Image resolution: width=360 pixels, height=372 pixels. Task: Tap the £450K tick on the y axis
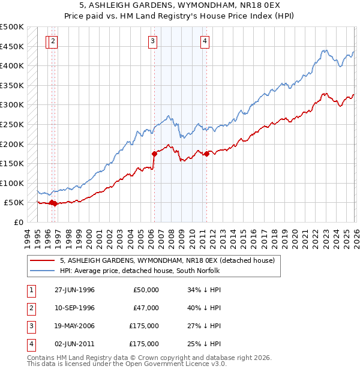(x=11, y=46)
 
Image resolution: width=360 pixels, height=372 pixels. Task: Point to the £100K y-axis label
(x=11, y=183)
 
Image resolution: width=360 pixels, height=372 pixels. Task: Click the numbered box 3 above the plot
(x=153, y=41)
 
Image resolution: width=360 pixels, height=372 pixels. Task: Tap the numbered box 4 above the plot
(x=205, y=41)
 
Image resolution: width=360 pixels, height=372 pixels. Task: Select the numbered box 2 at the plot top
(x=54, y=41)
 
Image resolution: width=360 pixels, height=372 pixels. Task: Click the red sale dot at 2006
(x=155, y=154)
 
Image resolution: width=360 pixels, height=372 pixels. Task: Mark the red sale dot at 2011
(x=206, y=154)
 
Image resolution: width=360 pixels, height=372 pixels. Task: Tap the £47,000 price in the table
(x=146, y=308)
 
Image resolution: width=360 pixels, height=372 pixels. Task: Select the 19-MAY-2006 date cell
(x=73, y=326)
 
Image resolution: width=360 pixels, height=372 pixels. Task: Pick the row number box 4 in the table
(x=30, y=344)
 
